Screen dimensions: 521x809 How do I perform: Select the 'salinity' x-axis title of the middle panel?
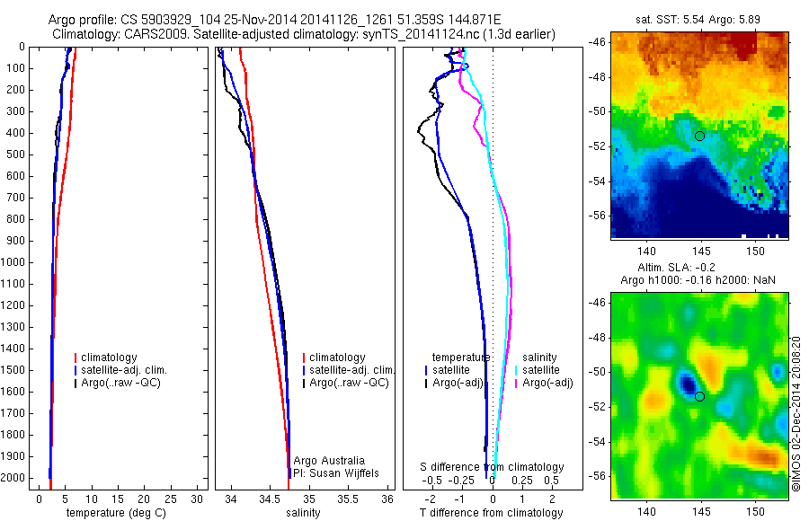coord(303,513)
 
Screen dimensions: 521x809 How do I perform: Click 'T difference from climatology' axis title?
coord(492,513)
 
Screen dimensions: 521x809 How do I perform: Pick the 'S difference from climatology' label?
coord(493,467)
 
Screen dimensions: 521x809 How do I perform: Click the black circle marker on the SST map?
coord(699,136)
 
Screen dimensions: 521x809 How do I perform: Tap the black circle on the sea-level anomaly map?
coord(699,396)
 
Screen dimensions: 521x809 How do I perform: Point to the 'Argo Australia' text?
coord(329,461)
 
